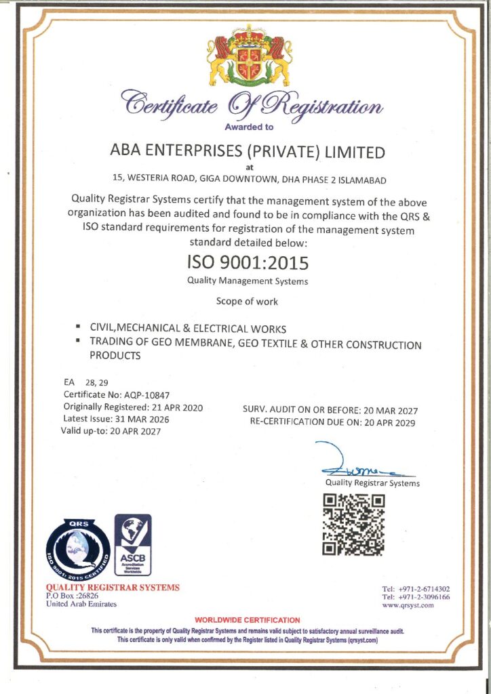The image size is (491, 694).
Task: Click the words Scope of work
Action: (x=247, y=301)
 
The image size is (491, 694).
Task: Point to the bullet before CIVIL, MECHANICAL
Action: (x=79, y=328)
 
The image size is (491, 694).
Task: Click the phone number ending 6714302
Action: (x=425, y=588)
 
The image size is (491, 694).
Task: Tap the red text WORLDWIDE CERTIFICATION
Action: (x=247, y=619)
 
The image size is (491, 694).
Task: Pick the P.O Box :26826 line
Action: (x=73, y=596)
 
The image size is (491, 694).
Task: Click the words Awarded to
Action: (x=248, y=127)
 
